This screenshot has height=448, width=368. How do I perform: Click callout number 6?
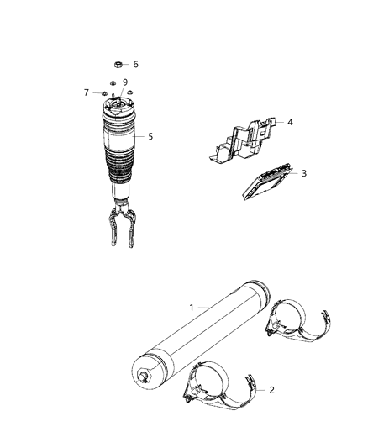point(135,64)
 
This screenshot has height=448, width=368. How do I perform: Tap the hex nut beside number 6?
point(118,65)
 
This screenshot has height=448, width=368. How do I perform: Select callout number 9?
point(125,82)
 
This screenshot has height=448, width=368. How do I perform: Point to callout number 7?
point(87,92)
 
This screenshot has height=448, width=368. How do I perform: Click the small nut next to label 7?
point(104,93)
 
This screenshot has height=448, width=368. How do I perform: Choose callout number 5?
point(150,136)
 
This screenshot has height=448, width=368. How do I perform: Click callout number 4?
point(290,122)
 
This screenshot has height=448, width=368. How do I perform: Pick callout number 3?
point(304,173)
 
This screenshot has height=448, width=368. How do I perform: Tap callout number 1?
point(192,308)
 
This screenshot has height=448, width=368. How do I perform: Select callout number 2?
point(271,390)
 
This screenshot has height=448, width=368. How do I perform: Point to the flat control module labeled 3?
point(267,182)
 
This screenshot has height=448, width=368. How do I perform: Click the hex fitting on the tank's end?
point(144,377)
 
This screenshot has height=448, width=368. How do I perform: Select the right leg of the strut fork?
point(131,228)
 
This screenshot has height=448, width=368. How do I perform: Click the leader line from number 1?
point(205,308)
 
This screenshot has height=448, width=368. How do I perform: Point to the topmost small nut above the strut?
point(113,83)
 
